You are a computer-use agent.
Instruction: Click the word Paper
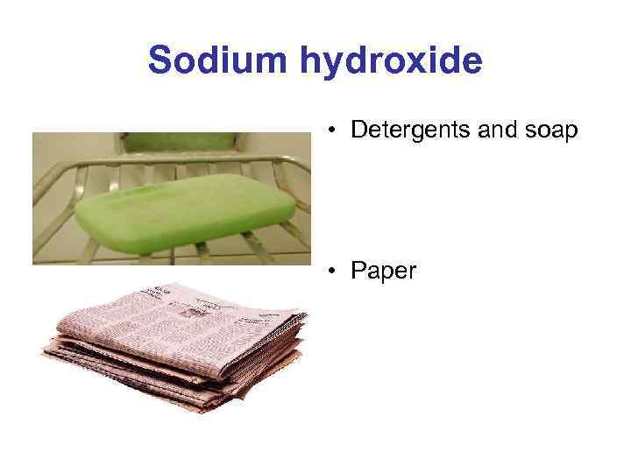point(383,272)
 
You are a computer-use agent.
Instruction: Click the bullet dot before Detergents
point(334,132)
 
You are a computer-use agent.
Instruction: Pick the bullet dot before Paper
point(334,272)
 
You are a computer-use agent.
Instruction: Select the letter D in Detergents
point(358,131)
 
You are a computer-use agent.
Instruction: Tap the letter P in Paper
point(358,272)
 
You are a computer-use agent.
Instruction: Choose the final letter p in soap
point(571,133)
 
